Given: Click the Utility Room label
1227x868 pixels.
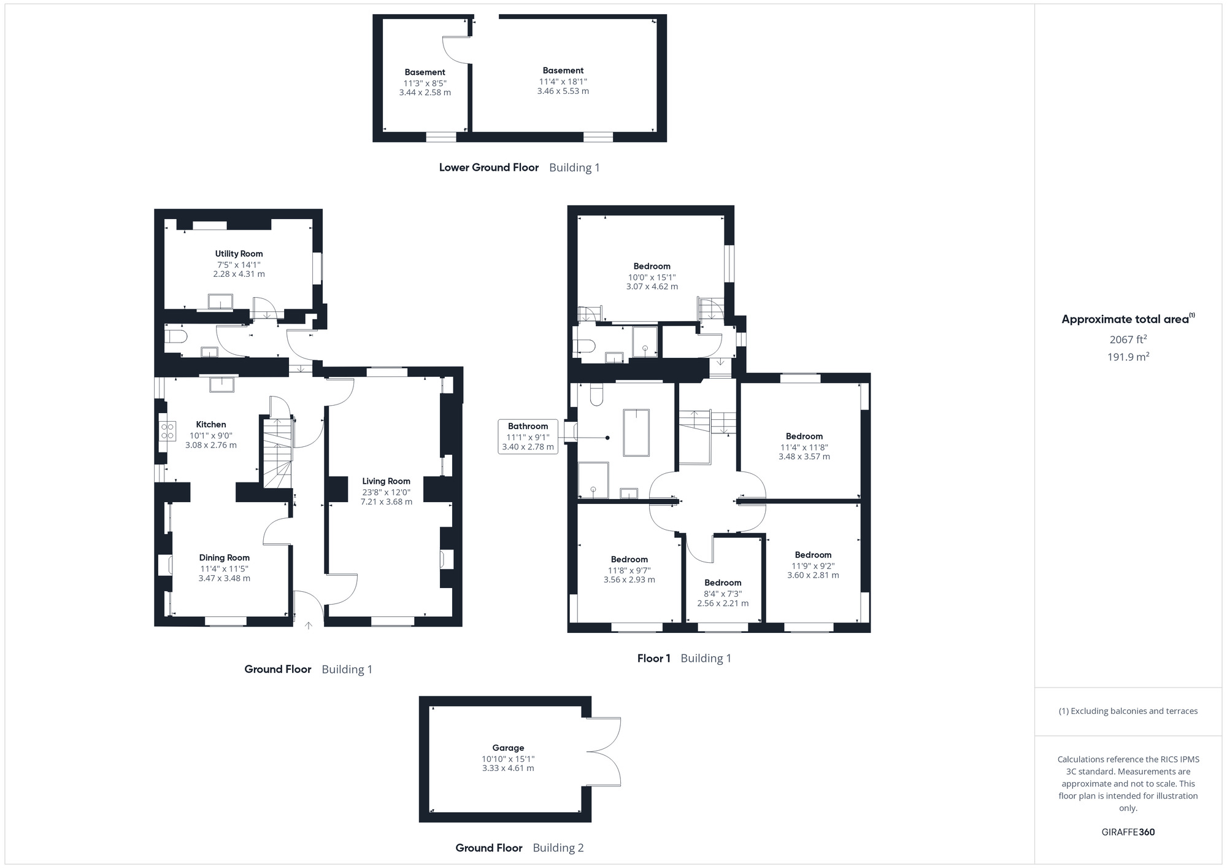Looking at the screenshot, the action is point(239,254).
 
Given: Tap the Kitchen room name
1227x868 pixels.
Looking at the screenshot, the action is point(211,424).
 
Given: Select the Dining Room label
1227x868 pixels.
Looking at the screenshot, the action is point(224,557).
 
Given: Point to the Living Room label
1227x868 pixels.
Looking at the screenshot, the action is point(386,481).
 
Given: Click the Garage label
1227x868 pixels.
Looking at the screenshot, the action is point(508,748).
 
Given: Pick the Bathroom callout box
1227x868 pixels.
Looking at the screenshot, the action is point(528,436).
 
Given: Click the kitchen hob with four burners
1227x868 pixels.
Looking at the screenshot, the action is point(167,430).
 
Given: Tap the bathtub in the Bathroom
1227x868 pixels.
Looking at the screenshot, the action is point(636,433).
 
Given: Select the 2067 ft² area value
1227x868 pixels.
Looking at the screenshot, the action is point(1128,339).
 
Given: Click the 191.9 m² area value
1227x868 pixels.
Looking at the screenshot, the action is point(1128,357).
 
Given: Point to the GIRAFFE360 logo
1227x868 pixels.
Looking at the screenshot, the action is point(1128,832).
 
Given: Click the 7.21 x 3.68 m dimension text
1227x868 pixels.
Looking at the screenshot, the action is point(386,502).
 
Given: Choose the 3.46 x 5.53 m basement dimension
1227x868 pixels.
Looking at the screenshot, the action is point(563,91).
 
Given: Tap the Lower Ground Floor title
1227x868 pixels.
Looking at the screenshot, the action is point(488,167).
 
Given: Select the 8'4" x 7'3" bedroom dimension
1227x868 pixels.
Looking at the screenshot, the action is point(723,594).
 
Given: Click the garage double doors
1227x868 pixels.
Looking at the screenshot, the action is point(604,752).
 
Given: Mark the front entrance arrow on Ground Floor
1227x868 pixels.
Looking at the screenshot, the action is point(309,626).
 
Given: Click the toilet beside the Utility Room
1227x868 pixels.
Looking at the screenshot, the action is point(176,336).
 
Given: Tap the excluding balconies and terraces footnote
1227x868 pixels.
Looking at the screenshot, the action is point(1128,711).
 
